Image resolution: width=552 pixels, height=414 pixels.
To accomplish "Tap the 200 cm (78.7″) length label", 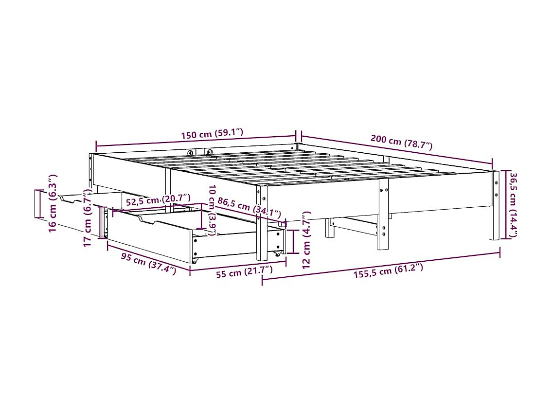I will pos(401,141).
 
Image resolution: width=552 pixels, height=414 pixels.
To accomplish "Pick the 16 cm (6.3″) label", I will pos(53,203).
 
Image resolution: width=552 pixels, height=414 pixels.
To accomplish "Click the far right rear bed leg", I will pos(494,214).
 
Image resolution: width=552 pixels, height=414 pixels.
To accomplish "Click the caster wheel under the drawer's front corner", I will pos(195,261).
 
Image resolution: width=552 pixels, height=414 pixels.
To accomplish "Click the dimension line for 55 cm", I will pos(238,266).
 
